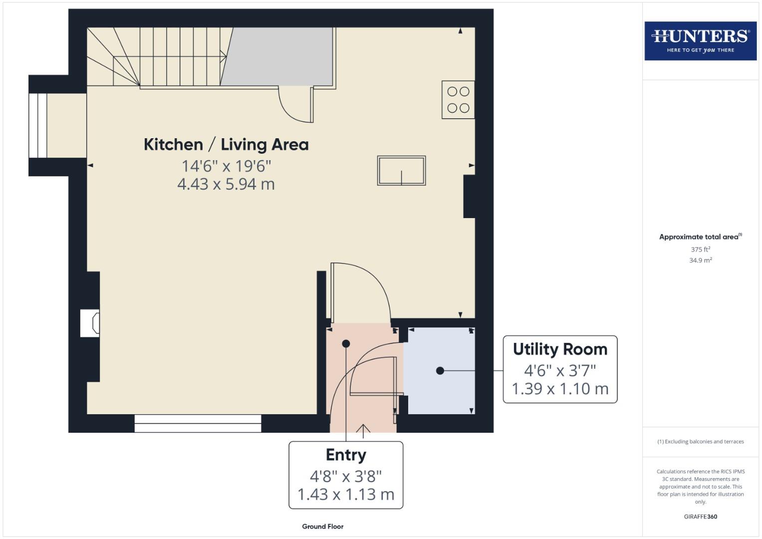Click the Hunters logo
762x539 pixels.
[x=700, y=41]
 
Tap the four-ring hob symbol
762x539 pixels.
[x=458, y=100]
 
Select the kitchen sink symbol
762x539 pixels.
[x=401, y=171]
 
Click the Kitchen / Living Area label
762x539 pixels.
[x=226, y=145]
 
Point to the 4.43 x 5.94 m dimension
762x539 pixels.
[x=226, y=184]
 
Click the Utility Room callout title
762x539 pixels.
[x=560, y=349]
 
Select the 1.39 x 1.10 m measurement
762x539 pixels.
[x=560, y=389]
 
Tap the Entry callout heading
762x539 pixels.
[x=346, y=455]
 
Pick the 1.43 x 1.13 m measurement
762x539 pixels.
[x=346, y=495]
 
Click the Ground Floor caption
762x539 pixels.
[x=322, y=527]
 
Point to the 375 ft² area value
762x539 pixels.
[x=700, y=250]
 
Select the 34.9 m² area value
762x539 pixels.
[x=700, y=261]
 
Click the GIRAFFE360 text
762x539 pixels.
[x=700, y=517]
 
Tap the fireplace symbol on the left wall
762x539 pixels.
[x=90, y=323]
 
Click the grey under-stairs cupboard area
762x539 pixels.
[x=279, y=56]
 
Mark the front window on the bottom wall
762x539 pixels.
[x=198, y=423]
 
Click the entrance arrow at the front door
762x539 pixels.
[x=363, y=430]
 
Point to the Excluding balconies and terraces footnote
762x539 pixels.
[x=700, y=442]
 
